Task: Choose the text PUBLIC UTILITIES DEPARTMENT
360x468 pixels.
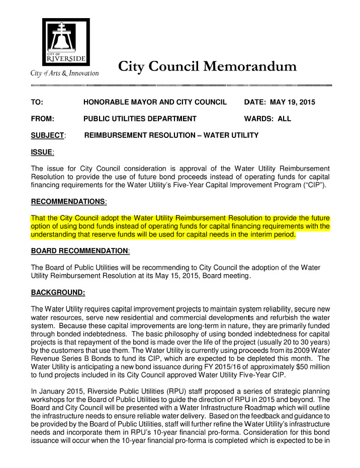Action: (140, 119)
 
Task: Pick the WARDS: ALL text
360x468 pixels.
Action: (267, 119)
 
